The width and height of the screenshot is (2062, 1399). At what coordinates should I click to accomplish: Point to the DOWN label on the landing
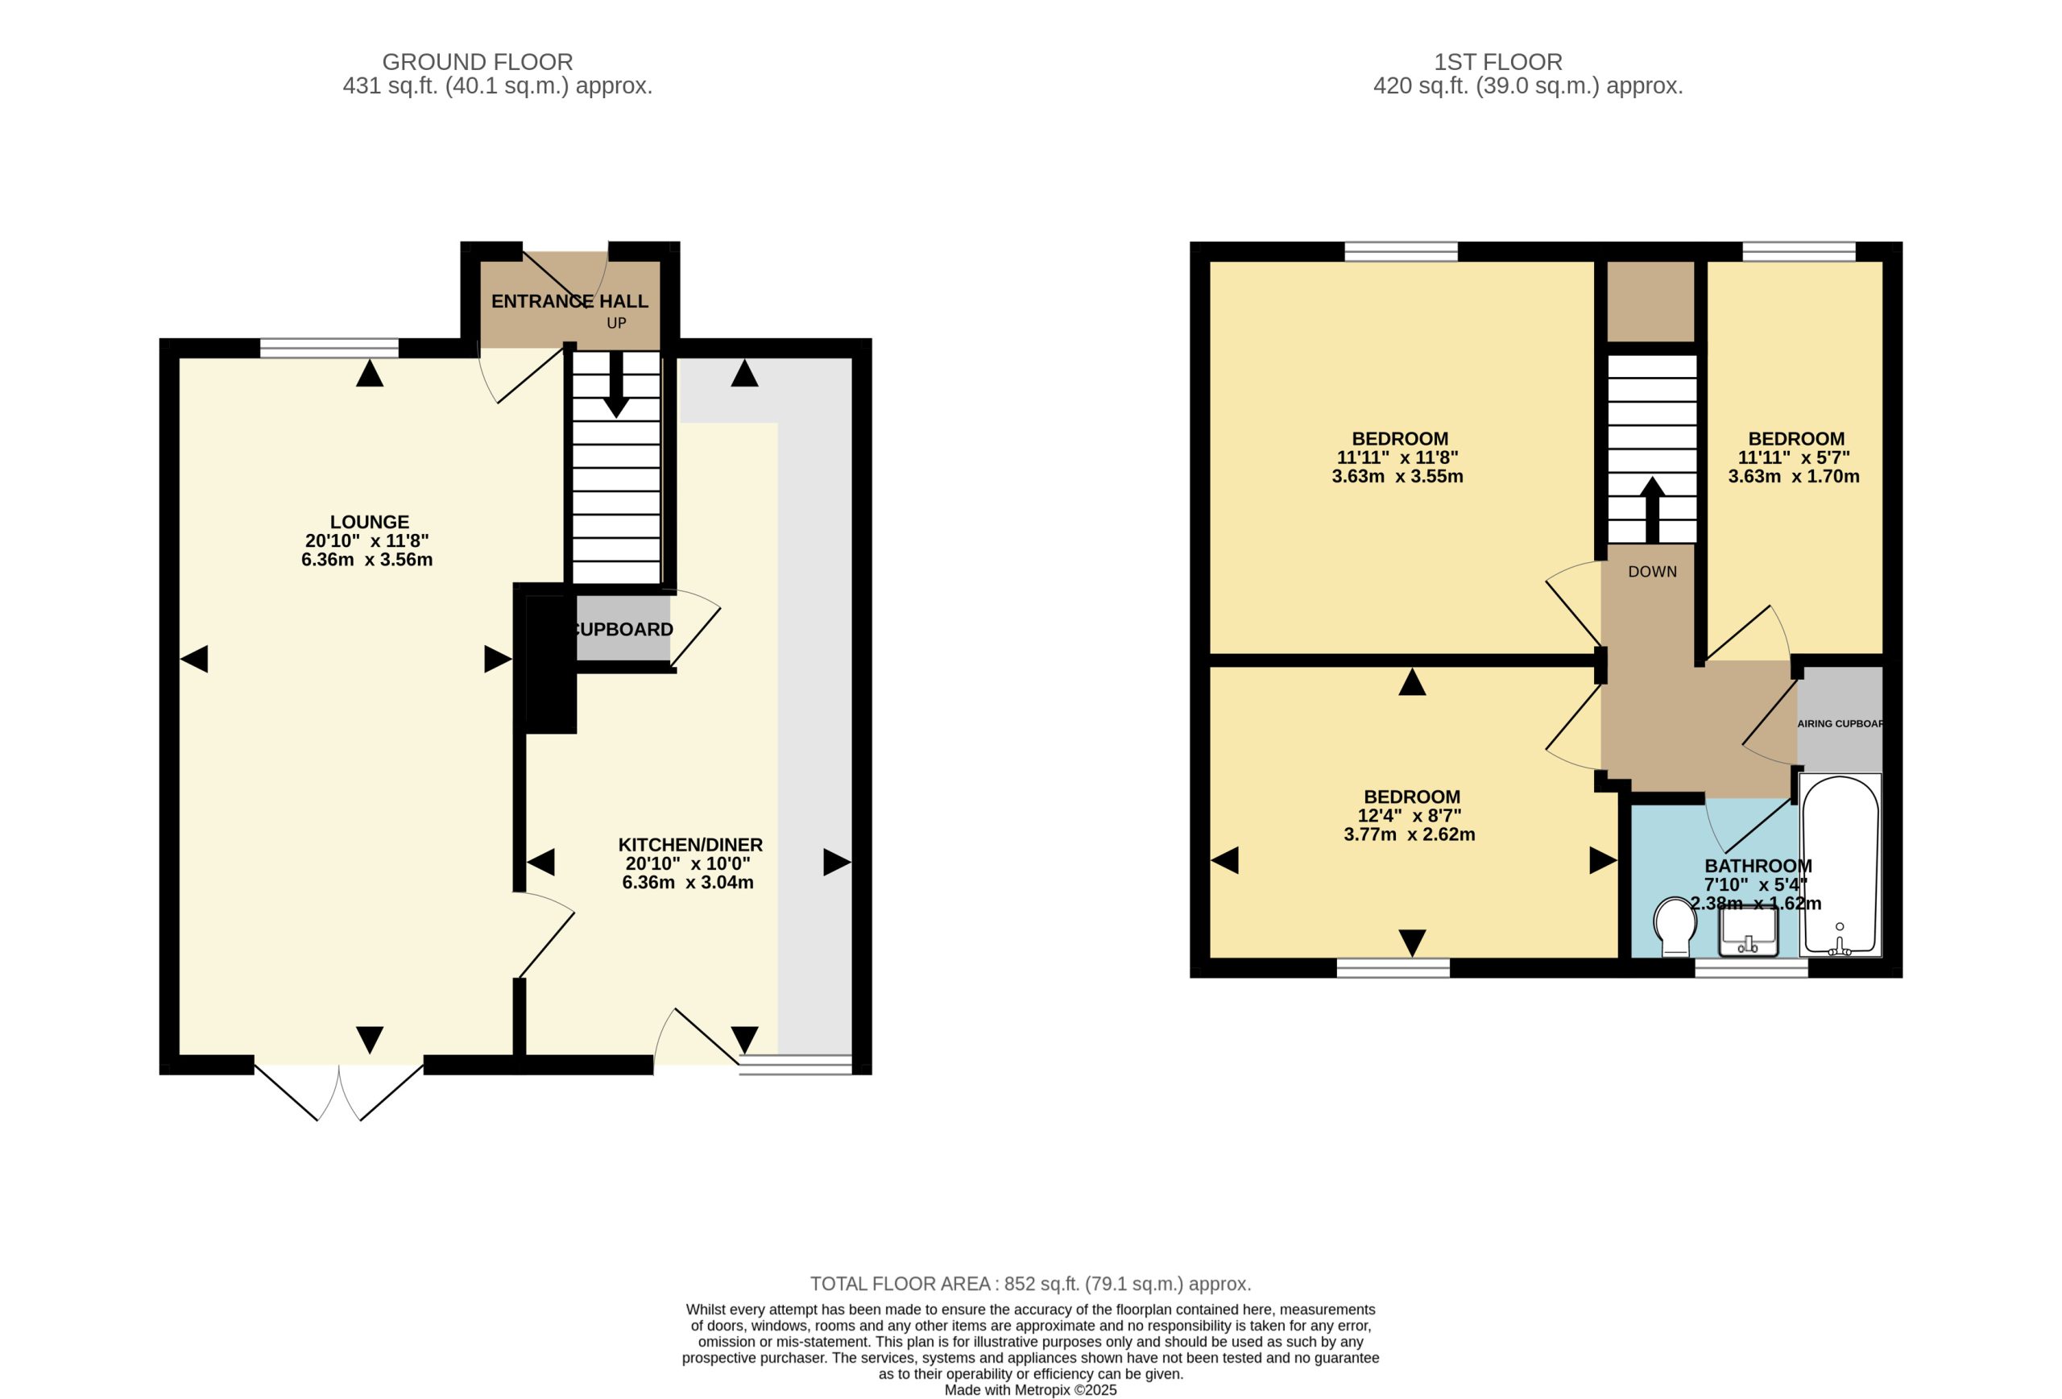1652,572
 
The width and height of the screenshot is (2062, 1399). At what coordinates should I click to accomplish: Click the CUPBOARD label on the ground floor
623,630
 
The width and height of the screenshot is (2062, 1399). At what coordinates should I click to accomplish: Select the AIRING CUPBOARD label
1840,724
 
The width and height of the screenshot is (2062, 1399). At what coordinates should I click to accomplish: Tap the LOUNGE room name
369,523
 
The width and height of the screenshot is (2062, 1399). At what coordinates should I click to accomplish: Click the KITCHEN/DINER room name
690,846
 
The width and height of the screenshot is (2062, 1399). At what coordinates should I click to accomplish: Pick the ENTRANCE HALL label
569,301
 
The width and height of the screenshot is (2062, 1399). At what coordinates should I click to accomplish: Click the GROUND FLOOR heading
478,62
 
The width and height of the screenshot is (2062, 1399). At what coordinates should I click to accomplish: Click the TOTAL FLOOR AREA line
1030,1284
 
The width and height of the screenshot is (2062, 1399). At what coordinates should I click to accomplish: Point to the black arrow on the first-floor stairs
1651,510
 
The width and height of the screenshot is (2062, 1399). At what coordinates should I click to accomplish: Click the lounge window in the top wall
329,348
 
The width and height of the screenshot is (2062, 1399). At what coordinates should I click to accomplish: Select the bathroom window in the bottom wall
1750,968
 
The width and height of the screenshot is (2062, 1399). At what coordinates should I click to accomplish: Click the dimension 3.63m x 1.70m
1793,476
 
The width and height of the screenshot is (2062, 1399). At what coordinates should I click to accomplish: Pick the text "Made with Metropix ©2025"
1030,1390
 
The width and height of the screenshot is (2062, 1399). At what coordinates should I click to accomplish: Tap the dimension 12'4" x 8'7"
1409,816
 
